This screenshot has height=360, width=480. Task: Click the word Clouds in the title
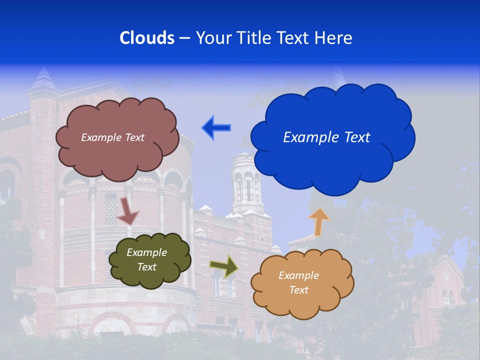click(146, 37)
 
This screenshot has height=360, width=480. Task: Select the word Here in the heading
click(334, 37)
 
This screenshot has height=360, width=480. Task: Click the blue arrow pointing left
click(216, 127)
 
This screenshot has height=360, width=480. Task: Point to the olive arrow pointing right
click(223, 265)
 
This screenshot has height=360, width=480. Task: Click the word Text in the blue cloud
click(357, 137)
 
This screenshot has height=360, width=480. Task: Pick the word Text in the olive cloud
click(147, 267)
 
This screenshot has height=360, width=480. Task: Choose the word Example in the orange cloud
click(298, 275)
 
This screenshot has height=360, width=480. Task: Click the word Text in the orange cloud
click(298, 290)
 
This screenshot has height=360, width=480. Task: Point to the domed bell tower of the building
click(247, 180)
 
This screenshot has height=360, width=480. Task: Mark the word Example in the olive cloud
click(147, 252)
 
